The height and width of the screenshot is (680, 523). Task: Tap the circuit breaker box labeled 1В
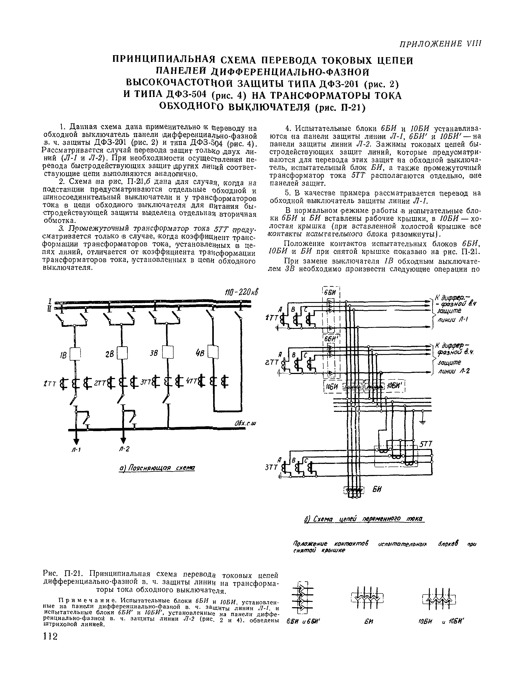tap(75, 353)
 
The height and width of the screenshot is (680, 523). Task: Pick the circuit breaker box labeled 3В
tap(168, 353)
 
